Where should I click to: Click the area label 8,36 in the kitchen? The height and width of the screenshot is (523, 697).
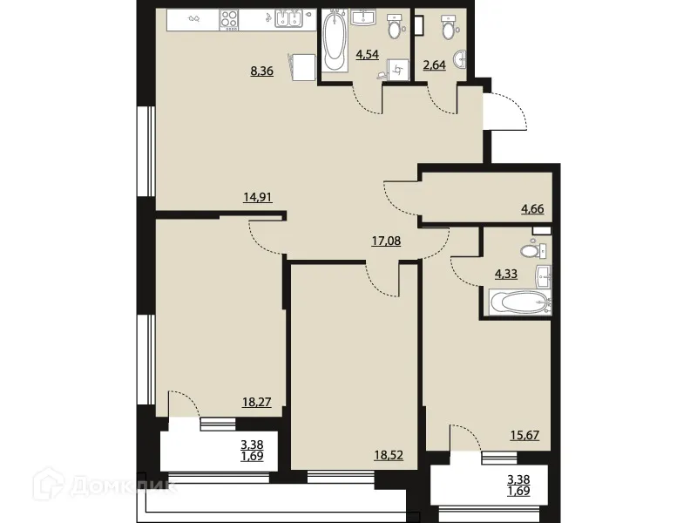click(x=262, y=72)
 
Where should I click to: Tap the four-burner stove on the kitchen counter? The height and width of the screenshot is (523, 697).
click(x=232, y=18)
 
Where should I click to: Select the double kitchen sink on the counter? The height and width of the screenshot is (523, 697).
click(x=289, y=18)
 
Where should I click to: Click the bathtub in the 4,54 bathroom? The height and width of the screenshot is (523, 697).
click(x=335, y=41)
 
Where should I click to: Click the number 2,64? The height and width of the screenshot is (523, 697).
click(x=434, y=66)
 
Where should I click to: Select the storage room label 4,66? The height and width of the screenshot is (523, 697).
click(x=532, y=208)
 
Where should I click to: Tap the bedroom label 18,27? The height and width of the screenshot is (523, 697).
click(x=257, y=402)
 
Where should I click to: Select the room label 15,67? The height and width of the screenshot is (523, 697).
click(x=524, y=434)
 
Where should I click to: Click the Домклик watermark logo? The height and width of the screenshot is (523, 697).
click(x=153, y=486)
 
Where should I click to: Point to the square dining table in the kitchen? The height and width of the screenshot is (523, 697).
click(x=303, y=67)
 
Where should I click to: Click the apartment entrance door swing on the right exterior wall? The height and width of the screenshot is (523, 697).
click(x=505, y=109)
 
